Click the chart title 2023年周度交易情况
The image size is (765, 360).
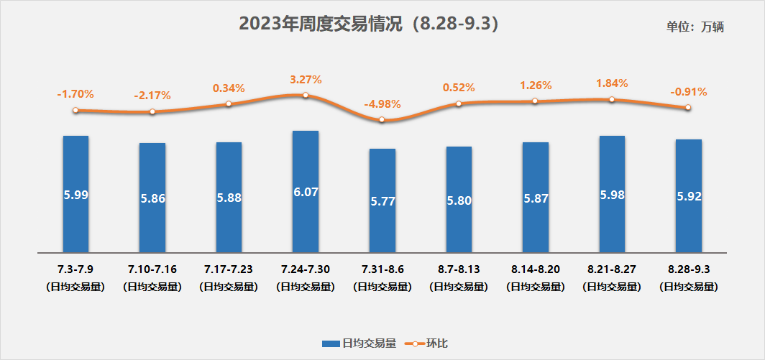[x=368, y=24]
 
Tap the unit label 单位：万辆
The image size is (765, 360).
[x=695, y=27]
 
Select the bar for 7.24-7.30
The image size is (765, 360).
[x=306, y=191]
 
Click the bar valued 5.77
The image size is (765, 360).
[x=382, y=200]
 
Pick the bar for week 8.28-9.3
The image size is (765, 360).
[x=688, y=195]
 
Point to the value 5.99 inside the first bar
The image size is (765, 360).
[x=75, y=194]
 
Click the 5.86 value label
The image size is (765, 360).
[x=152, y=198]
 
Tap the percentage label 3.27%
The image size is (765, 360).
[x=306, y=79]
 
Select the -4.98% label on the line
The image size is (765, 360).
[x=382, y=104]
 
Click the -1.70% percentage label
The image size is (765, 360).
[x=75, y=94]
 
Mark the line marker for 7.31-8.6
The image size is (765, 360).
[x=382, y=120]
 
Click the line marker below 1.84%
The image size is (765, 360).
[x=612, y=99]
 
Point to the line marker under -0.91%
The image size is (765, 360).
[x=688, y=108]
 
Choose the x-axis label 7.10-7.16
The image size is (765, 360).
[x=152, y=269]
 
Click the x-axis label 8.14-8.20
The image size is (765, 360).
[x=536, y=269]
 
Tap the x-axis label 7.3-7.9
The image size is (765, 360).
[x=75, y=269]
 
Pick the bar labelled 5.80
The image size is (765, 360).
[x=459, y=200]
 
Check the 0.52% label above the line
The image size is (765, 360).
[x=459, y=88]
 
